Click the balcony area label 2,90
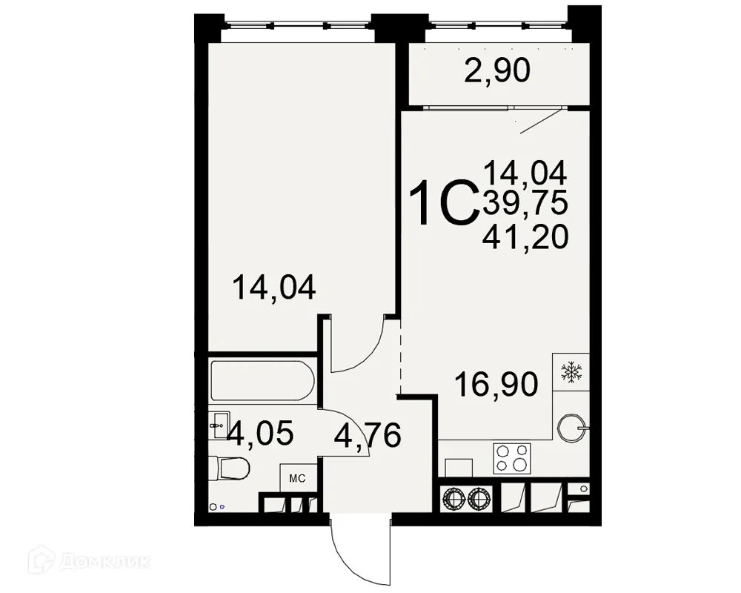coord(497,72)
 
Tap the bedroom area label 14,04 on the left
coord(274,287)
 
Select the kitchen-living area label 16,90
coord(496,385)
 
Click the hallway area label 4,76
coord(368,434)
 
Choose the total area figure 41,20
coord(525,237)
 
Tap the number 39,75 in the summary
coord(525,202)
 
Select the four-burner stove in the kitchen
coord(513,457)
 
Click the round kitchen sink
coord(571,426)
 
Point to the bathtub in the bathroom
coord(262,380)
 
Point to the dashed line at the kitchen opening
coord(400,363)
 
